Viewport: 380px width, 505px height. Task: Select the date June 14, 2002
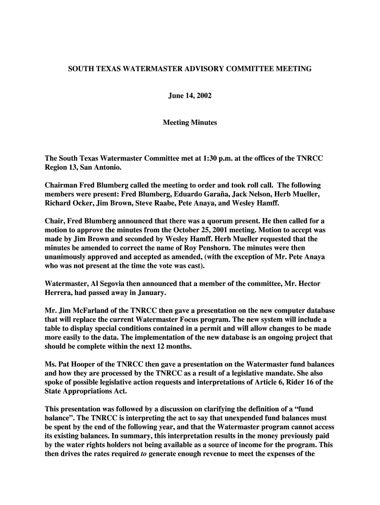(190, 96)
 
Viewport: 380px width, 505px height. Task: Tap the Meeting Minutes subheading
(190, 122)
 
